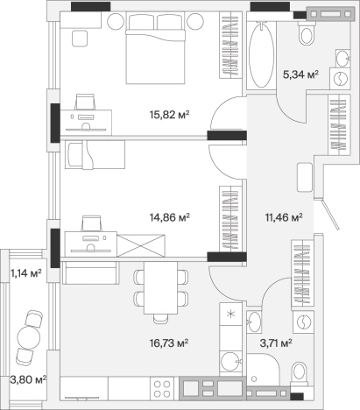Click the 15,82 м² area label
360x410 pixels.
point(170,115)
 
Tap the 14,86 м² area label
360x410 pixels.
point(170,217)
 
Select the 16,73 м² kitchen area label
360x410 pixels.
point(169,343)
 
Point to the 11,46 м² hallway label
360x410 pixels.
point(284,217)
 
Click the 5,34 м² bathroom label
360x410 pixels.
point(300,74)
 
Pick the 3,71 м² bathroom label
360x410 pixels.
point(276,343)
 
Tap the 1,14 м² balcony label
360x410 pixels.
point(26,273)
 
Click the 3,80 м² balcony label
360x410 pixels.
point(28,380)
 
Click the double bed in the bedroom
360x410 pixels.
point(155,49)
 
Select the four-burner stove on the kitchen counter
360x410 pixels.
point(162,389)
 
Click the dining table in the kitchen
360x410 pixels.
point(161,288)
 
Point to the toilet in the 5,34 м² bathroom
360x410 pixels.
point(307,34)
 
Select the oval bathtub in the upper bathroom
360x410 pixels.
point(261,55)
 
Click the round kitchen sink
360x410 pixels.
point(230,362)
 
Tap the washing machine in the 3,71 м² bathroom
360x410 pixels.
point(304,322)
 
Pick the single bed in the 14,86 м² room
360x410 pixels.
point(95,154)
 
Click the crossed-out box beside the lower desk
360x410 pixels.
point(141,245)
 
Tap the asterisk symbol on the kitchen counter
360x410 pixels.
point(230,315)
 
